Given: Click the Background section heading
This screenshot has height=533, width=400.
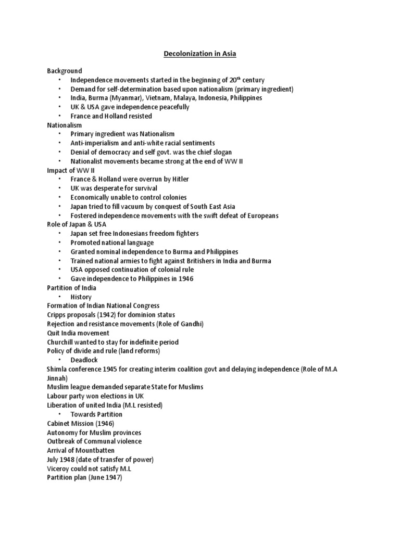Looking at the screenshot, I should [65, 71].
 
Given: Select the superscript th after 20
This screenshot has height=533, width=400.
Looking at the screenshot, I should [238, 78].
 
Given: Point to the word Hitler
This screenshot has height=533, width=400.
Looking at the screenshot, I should [179, 179].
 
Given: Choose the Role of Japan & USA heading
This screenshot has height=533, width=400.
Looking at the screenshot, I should [77, 224].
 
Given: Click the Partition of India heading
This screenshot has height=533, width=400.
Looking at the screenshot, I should [71, 288].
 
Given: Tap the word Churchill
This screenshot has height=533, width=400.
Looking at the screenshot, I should [62, 342].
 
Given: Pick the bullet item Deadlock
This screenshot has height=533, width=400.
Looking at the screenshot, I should [84, 360].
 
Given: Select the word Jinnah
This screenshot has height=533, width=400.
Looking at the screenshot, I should [57, 378].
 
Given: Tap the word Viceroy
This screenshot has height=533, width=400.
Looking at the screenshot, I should [58, 468].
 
